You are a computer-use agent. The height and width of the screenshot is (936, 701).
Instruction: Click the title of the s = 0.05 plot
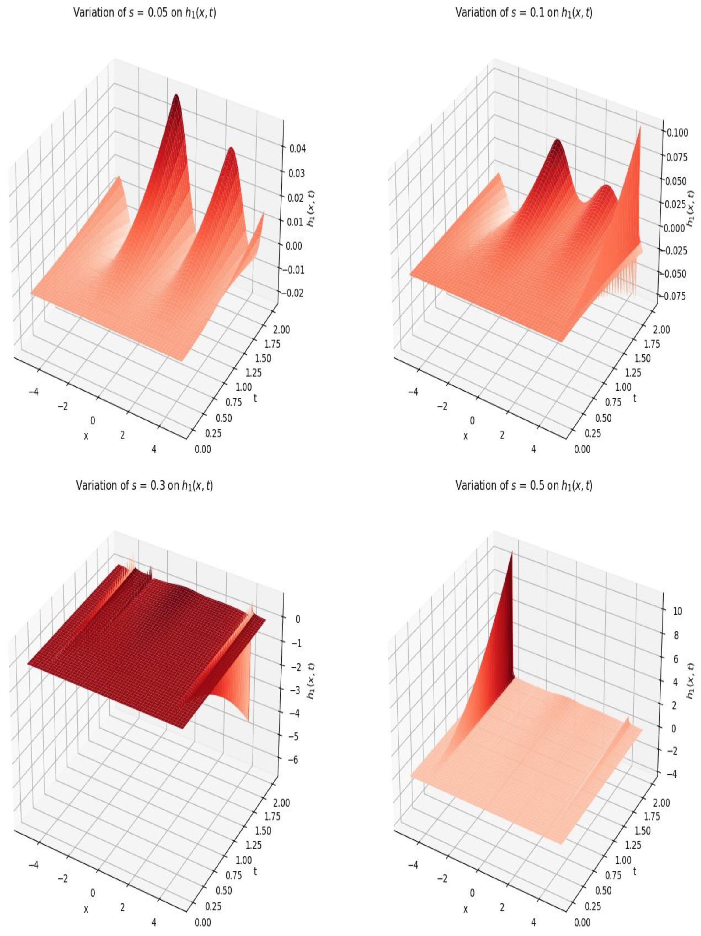(144, 13)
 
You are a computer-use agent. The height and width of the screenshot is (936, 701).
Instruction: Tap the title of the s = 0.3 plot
(144, 485)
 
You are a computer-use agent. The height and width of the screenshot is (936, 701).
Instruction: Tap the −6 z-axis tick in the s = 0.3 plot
(295, 760)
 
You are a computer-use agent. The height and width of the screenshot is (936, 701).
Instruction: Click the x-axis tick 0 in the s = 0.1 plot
(472, 420)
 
